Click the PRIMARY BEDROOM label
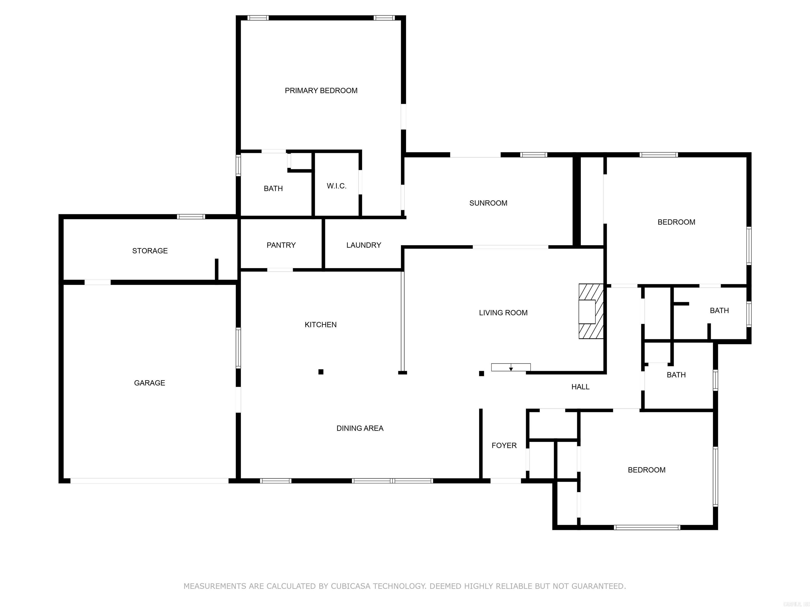tap(321, 91)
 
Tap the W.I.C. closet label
tap(336, 186)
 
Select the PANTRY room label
tap(281, 245)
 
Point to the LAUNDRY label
tap(364, 245)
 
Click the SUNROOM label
tap(488, 203)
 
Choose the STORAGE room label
tap(150, 251)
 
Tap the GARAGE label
tap(150, 383)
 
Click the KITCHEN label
tap(320, 325)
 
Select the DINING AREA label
tap(360, 428)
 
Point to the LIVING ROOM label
tap(503, 312)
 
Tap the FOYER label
tap(504, 445)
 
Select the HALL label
tap(580, 387)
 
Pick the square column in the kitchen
tap(321, 372)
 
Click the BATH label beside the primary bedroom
tap(273, 188)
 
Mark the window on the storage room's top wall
tap(191, 217)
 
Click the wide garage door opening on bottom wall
tap(150, 481)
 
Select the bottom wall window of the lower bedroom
tap(647, 527)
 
